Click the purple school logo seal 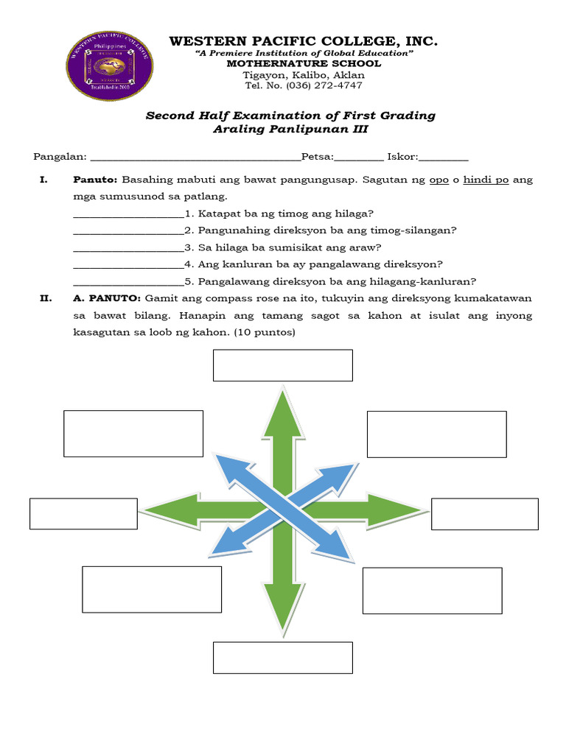(110, 66)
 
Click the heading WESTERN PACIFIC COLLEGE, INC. (304, 41)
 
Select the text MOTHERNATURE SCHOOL (304, 64)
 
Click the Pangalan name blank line (195, 158)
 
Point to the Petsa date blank (359, 158)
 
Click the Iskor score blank (444, 158)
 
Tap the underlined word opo (439, 180)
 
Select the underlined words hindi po (486, 180)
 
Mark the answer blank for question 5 (128, 281)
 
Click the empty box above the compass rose (283, 365)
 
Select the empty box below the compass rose (283, 658)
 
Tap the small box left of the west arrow (83, 514)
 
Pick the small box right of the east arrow (484, 514)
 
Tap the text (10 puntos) (265, 333)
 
